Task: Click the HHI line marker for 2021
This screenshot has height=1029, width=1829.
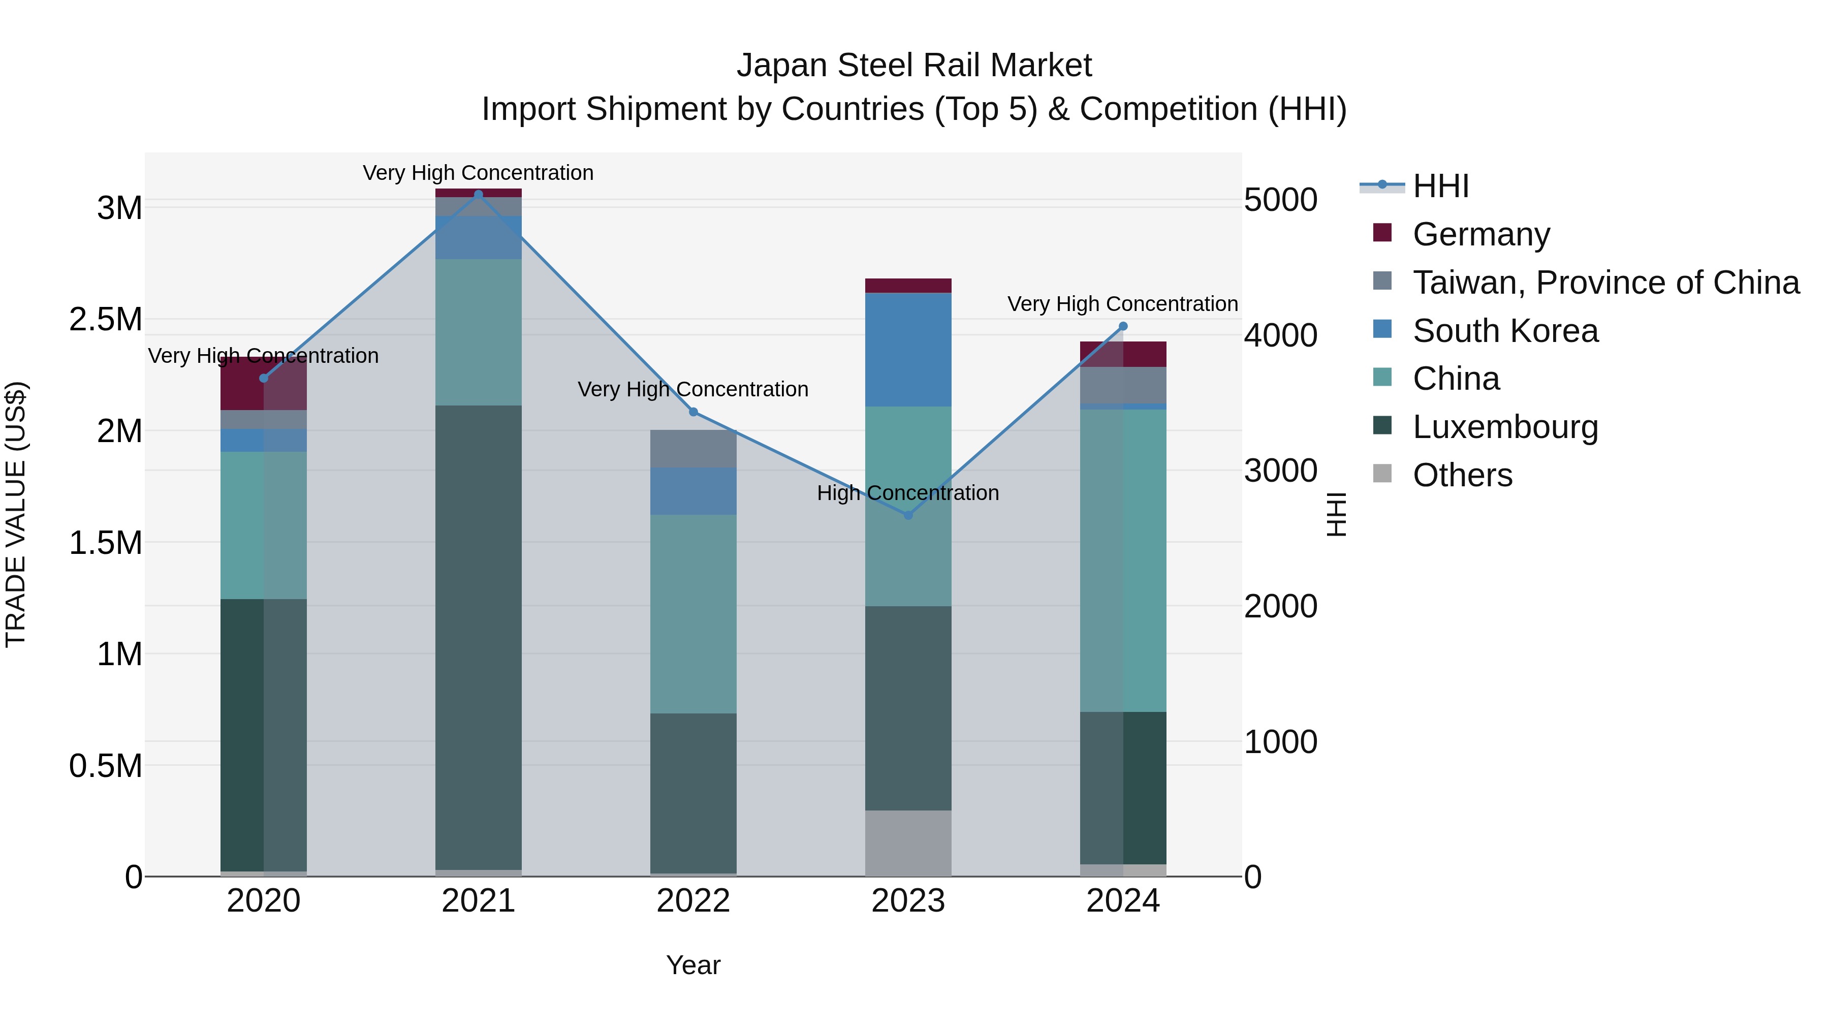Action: (478, 195)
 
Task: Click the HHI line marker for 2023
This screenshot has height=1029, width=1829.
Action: (908, 515)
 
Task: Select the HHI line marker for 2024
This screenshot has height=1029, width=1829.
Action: (1123, 327)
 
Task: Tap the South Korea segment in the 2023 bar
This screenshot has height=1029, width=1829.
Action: (908, 350)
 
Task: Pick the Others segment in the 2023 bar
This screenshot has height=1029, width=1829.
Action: (908, 843)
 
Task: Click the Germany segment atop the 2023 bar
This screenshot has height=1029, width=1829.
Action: (908, 286)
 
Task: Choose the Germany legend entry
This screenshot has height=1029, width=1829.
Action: (1480, 234)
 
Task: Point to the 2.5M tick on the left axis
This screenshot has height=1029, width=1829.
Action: (105, 320)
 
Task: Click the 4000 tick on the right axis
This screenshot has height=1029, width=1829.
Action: (1281, 335)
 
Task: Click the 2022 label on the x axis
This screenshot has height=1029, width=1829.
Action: (693, 901)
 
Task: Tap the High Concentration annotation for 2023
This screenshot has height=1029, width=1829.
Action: (907, 493)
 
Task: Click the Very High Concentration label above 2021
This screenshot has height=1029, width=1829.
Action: (478, 173)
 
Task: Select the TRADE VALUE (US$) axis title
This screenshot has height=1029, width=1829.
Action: (16, 514)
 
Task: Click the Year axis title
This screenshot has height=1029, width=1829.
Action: (693, 965)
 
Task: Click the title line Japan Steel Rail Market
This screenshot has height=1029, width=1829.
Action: (914, 66)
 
